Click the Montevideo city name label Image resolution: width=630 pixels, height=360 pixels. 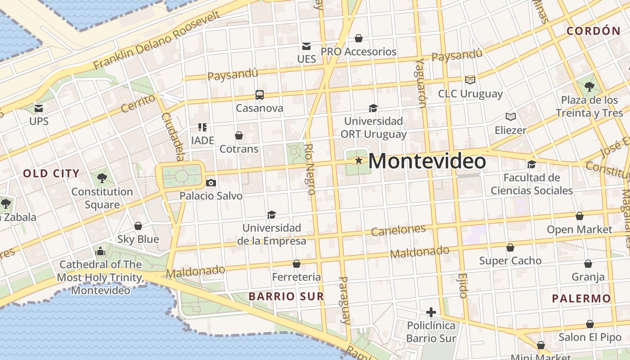[x=427, y=162]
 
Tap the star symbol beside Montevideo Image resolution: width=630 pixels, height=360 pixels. [x=359, y=160]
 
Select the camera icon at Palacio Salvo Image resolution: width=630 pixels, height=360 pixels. [x=211, y=183]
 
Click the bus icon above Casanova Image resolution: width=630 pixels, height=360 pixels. [x=260, y=94]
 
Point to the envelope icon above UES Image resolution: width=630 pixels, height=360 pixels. [x=306, y=46]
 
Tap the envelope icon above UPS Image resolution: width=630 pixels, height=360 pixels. [x=39, y=108]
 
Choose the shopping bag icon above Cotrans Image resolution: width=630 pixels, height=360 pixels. [x=239, y=135]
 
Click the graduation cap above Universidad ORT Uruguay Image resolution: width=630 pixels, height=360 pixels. [x=373, y=108]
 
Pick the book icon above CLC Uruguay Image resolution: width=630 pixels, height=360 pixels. [x=470, y=80]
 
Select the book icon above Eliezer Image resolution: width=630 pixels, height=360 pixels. [x=510, y=117]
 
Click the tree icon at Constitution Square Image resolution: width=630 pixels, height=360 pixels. [x=102, y=178]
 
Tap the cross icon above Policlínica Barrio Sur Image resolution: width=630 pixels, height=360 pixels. [x=431, y=312]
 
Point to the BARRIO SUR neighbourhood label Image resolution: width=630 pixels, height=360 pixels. [x=286, y=297]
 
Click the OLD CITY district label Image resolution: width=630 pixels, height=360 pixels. [x=51, y=173]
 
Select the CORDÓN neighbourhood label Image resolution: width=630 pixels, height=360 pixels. [x=594, y=31]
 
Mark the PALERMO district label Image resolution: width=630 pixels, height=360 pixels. [x=581, y=298]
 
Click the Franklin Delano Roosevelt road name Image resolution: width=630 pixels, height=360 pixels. [x=157, y=40]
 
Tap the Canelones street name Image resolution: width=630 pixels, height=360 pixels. [x=398, y=230]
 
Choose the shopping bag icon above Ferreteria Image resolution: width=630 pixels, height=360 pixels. [x=296, y=264]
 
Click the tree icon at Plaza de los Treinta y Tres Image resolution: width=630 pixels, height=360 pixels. [x=589, y=86]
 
